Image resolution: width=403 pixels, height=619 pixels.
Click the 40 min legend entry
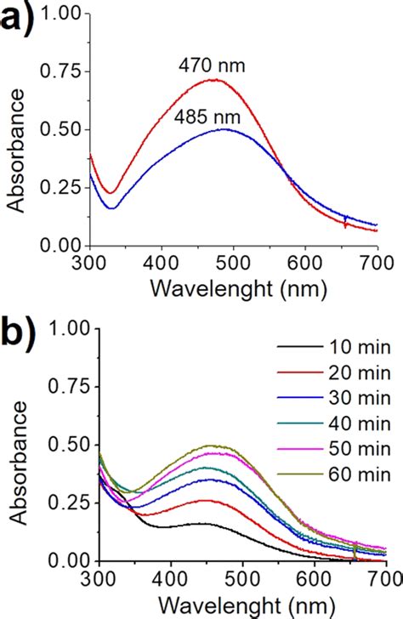(345, 422)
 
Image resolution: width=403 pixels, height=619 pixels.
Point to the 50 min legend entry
(345, 447)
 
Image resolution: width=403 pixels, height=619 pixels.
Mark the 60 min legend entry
(345, 473)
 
